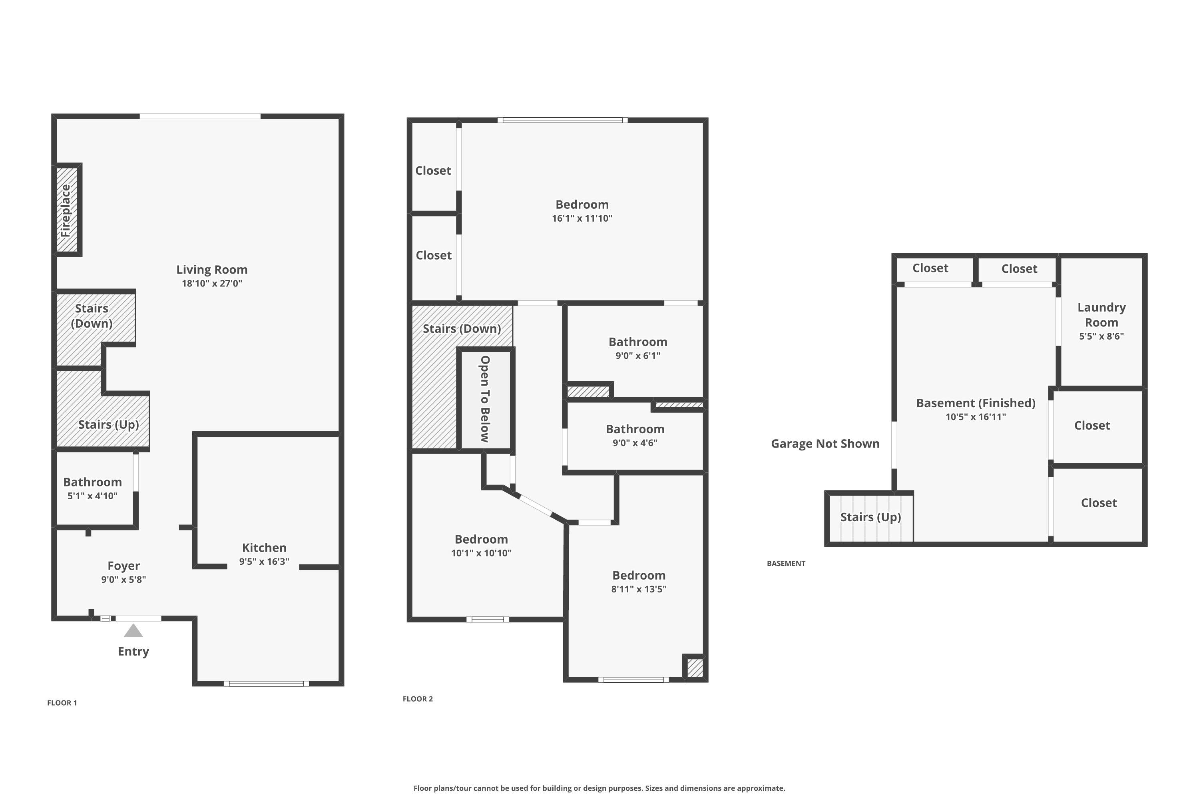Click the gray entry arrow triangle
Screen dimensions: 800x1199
[x=133, y=631]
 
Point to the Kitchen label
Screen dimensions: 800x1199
[x=264, y=548]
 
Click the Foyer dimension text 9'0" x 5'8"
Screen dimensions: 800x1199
[x=123, y=580]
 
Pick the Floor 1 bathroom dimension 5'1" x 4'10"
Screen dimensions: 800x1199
[x=92, y=496]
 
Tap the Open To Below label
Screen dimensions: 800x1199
[x=485, y=399]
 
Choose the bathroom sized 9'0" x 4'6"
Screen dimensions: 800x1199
[x=635, y=429]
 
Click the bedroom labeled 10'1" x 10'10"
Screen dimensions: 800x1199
[x=481, y=539]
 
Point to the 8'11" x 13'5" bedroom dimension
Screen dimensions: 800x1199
[x=638, y=589]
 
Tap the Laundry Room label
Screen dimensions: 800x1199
[x=1101, y=315]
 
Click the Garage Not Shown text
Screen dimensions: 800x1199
[x=825, y=443]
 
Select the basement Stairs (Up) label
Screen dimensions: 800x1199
[x=870, y=517]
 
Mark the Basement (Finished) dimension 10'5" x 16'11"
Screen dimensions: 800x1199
[x=975, y=417]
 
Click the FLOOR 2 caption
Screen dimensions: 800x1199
[x=418, y=699]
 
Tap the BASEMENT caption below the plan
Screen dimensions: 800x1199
[x=786, y=563]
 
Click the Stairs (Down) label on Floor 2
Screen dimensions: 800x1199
[x=461, y=328]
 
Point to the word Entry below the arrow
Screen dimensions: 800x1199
[x=133, y=652]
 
